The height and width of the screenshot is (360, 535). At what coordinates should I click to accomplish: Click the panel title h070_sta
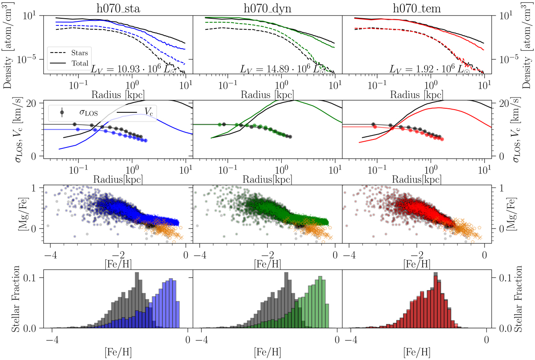coord(118,8)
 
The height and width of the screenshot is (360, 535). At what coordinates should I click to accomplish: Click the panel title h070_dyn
coord(267,8)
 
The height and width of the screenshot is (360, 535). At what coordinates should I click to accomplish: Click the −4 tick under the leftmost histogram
coord(52,337)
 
